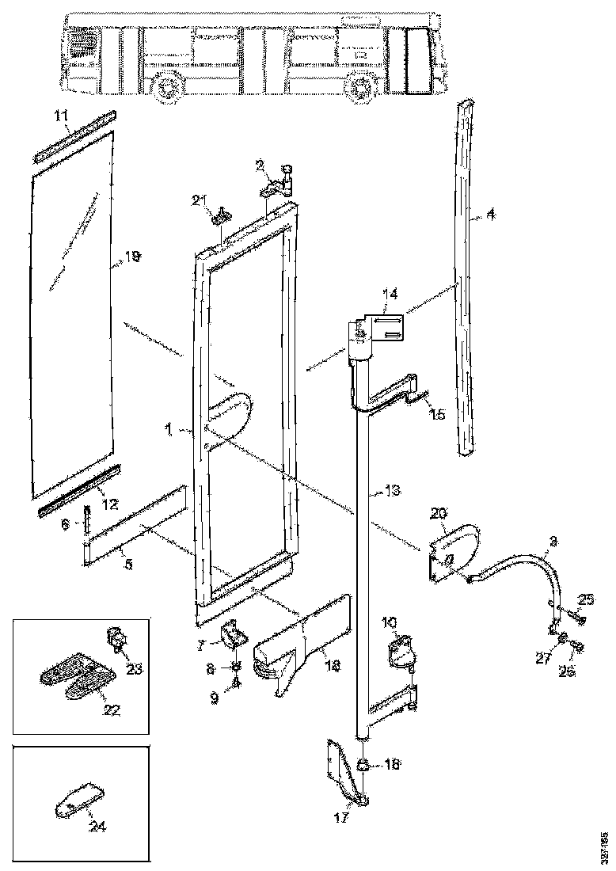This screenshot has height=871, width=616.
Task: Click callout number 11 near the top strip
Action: coord(61,115)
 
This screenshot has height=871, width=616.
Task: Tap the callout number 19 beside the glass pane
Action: coord(132,256)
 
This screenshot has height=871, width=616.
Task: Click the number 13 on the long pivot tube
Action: coord(382,491)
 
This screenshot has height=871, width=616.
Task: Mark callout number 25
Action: coord(585,598)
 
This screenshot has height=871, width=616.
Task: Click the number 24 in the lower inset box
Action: coord(97,827)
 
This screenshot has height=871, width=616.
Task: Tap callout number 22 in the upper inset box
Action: coord(111,709)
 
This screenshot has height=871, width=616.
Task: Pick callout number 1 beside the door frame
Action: coord(169,428)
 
